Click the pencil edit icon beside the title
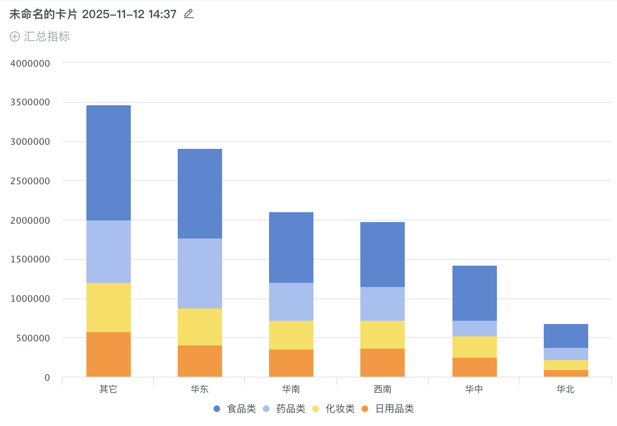coord(189,14)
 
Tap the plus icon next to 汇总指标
coord(15,37)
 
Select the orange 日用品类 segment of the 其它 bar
coord(109,354)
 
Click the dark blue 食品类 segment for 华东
coord(200,194)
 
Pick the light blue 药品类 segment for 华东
coord(200,273)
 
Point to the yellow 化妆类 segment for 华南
coord(291,335)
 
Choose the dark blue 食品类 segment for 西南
coord(383,255)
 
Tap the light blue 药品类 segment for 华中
coord(475,329)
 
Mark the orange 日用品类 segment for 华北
coord(566,373)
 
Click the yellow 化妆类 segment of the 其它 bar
coord(109,308)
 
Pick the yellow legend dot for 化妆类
coord(316,409)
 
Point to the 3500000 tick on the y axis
coord(30,102)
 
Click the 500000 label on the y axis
coord(33,338)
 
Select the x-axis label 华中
coord(474,389)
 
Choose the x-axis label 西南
coord(383,389)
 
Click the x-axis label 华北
coord(566,389)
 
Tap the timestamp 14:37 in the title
coord(162,14)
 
